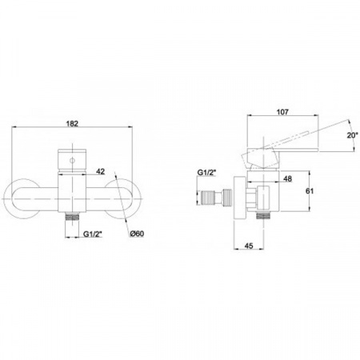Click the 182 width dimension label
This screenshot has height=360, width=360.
coord(72,124)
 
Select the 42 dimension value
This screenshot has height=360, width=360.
coord(100,171)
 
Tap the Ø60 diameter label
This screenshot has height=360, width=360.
coord(137,234)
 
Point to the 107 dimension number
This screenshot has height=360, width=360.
coord(282,112)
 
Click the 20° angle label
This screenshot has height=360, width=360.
coord(353,135)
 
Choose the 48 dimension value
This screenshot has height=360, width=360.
coord(287,178)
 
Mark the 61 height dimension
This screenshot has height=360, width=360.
coord(310,191)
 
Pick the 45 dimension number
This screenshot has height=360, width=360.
coord(248,246)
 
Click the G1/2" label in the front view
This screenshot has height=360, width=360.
coord(93,234)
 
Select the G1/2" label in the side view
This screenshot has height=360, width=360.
coord(206,172)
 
